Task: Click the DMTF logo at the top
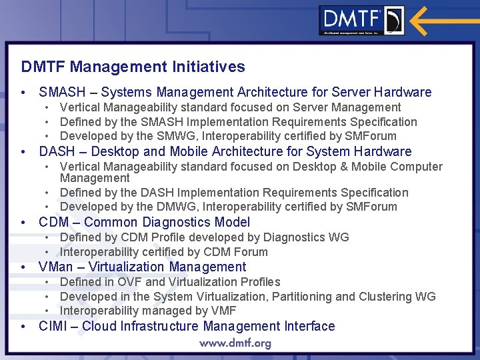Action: pos(361,21)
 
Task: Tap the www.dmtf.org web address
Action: pos(235,343)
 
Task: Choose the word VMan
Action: pos(56,267)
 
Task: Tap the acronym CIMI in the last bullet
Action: pos(53,327)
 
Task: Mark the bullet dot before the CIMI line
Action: pos(24,327)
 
